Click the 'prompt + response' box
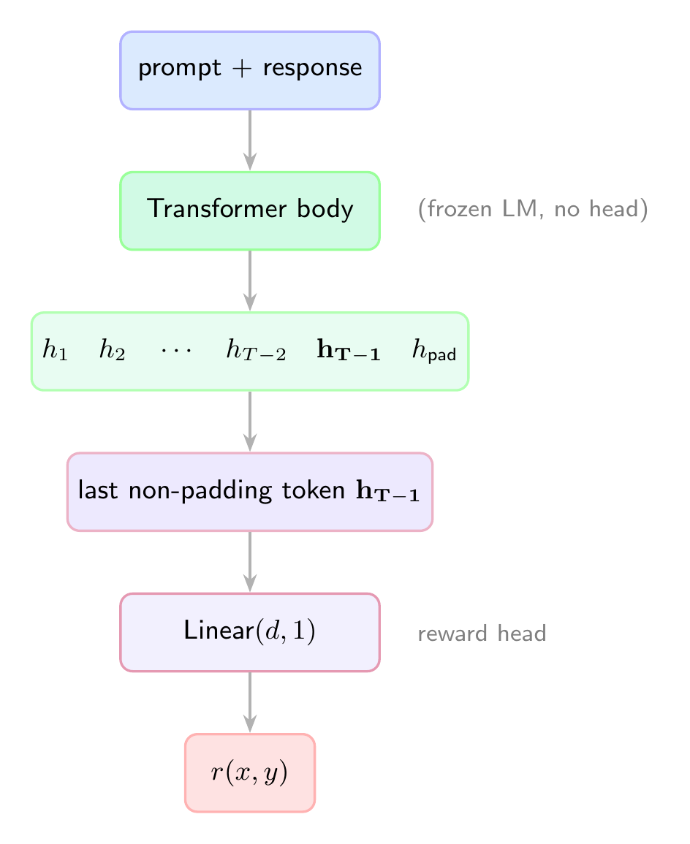click(x=250, y=70)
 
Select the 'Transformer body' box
click(x=250, y=210)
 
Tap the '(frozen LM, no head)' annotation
click(x=532, y=210)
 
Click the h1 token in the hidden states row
click(x=55, y=351)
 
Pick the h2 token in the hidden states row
click(x=113, y=351)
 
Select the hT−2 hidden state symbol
click(x=255, y=351)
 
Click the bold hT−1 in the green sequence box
click(x=348, y=351)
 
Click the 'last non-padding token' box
click(x=250, y=492)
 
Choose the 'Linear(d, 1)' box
click(x=250, y=632)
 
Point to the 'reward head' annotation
click(x=482, y=634)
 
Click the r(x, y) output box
click(x=250, y=772)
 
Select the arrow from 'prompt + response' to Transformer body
click(x=250, y=140)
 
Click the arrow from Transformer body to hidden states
click(x=250, y=281)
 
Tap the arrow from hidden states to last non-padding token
click(x=250, y=422)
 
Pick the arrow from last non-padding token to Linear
click(x=250, y=562)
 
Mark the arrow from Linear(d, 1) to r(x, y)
click(x=250, y=702)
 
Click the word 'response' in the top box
click(x=312, y=69)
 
